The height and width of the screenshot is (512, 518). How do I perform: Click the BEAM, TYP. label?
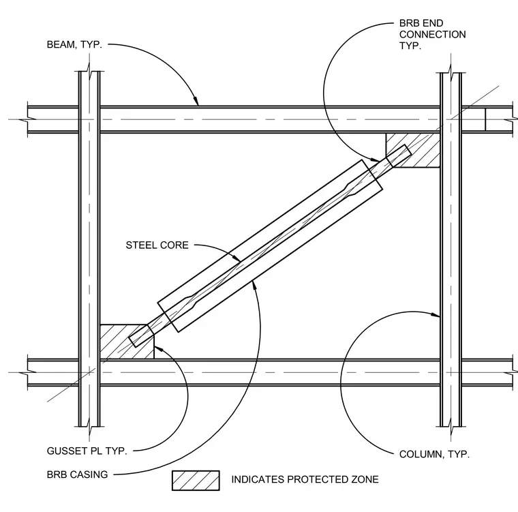74,44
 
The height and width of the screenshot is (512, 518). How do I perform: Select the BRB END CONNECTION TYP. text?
432,34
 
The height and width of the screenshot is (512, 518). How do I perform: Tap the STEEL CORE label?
157,245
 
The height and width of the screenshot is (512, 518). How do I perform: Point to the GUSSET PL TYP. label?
87,451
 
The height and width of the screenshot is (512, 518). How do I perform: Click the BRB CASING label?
77,475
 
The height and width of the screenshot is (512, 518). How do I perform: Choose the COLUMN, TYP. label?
434,454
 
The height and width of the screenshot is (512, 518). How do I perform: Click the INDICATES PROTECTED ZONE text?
305,479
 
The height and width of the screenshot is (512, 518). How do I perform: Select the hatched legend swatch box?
196,481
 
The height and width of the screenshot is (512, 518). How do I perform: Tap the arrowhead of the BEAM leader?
196,101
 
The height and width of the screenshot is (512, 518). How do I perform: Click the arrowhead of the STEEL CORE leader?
237,258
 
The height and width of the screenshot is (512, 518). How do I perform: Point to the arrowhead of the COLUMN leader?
436,315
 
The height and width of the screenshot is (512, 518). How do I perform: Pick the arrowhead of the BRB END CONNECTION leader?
376,160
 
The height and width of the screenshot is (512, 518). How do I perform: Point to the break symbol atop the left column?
89,72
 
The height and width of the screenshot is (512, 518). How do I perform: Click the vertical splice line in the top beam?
485,120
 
